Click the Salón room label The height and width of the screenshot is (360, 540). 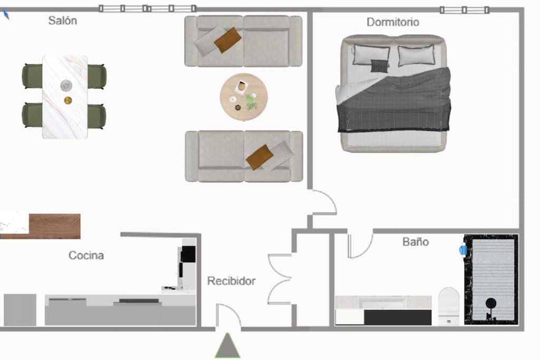[62, 21]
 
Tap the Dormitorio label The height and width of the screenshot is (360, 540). [392, 22]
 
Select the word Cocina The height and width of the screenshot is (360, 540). [86, 255]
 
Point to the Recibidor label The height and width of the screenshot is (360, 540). [231, 281]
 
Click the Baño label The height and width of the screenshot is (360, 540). [416, 241]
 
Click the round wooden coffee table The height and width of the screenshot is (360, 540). [244, 96]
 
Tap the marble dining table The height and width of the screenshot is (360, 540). [65, 97]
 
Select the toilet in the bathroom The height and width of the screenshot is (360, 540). [449, 306]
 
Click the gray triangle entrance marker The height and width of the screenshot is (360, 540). [227, 346]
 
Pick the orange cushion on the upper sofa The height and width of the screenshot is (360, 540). [228, 40]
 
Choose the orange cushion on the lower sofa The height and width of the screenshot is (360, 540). [259, 157]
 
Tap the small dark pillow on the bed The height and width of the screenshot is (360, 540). [379, 66]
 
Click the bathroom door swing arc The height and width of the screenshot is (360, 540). [365, 251]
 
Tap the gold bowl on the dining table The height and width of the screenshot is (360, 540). [68, 100]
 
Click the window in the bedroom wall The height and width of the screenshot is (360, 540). [464, 9]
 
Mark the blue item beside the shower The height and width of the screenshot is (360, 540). [462, 249]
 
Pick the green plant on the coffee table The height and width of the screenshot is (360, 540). [252, 102]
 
